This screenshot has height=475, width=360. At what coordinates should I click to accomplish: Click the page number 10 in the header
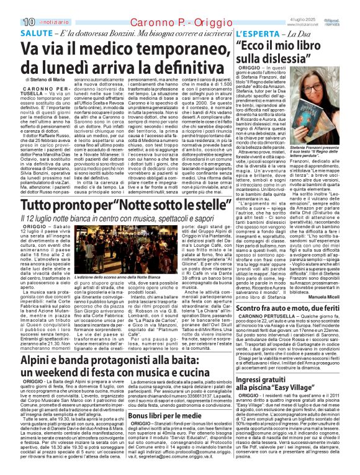tap(11, 6)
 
